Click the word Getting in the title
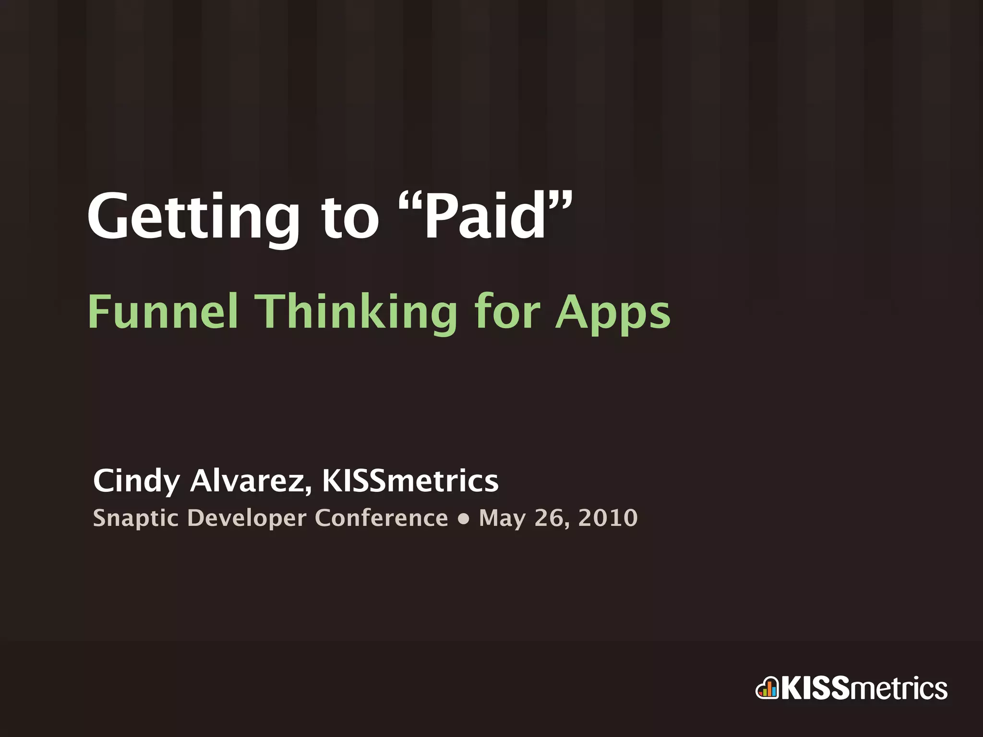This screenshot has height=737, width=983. coord(192,218)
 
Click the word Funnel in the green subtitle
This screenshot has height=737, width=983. coord(163,312)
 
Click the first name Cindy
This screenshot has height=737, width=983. coord(136,481)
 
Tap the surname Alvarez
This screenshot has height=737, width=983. coord(250,481)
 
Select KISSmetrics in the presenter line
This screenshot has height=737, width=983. coord(410,481)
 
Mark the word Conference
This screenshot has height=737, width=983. coord(381,518)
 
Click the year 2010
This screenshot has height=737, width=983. coord(608,518)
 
